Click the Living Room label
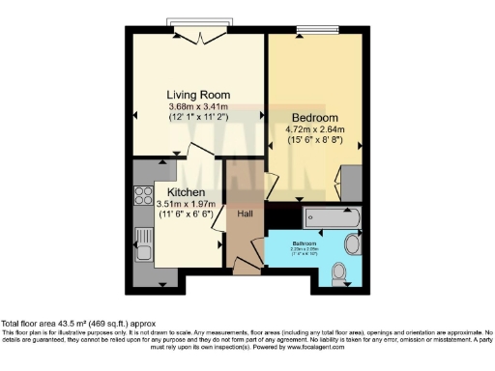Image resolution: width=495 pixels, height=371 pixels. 194,93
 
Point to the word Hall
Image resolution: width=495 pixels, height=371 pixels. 246,214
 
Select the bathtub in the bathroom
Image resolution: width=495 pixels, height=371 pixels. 332,216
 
